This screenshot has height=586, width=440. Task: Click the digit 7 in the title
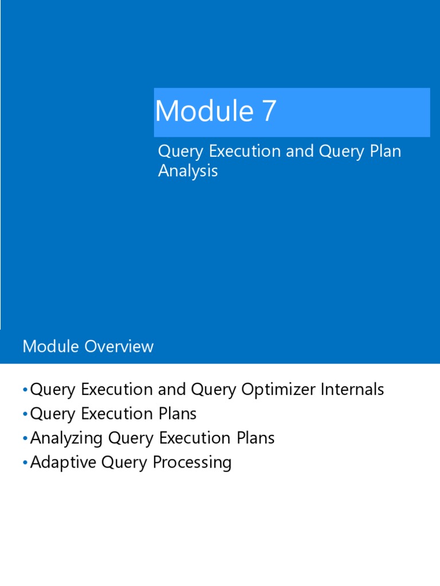click(x=269, y=111)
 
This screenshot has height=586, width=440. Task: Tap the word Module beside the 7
click(x=204, y=111)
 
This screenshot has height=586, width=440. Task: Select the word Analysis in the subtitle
click(x=188, y=171)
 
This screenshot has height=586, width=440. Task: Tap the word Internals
click(x=352, y=390)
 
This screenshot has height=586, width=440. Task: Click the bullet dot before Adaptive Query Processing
click(x=25, y=463)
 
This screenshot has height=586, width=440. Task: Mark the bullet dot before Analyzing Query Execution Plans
click(x=25, y=439)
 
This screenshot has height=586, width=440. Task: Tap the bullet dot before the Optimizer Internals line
click(x=25, y=390)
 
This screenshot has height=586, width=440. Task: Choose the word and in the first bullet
click(x=171, y=390)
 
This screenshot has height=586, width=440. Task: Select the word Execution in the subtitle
click(x=243, y=152)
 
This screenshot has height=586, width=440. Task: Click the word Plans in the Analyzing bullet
click(x=255, y=438)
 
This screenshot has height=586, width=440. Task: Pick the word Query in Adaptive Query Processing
click(x=123, y=462)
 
